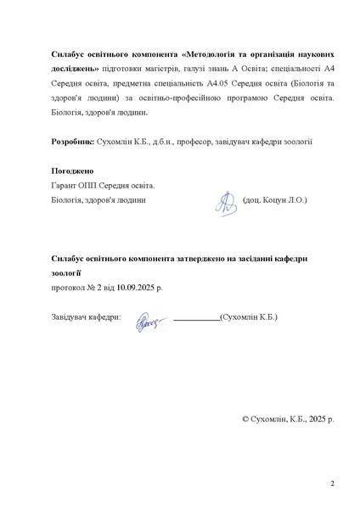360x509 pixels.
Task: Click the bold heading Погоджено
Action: (72, 171)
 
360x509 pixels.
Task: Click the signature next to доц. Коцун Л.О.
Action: (225, 200)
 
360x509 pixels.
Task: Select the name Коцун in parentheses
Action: (271, 200)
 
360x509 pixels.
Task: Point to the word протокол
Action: (68, 288)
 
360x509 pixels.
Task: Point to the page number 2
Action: (332, 484)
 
